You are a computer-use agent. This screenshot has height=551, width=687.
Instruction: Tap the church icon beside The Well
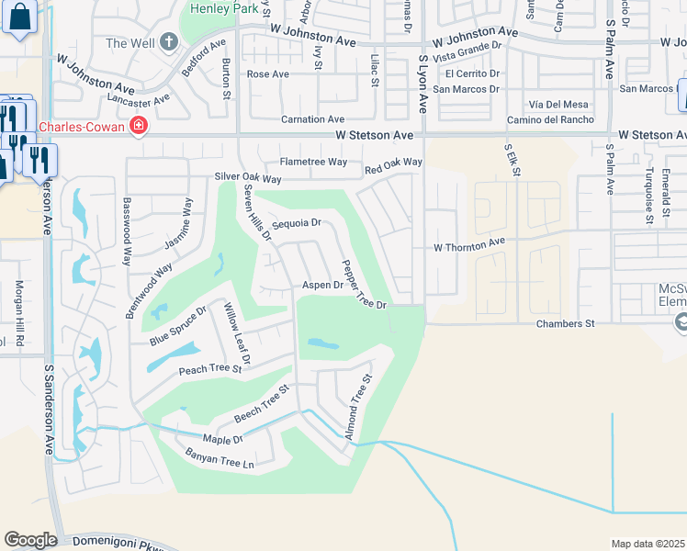tap(167, 42)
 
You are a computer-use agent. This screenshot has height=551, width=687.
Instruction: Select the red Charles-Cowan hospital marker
tap(138, 126)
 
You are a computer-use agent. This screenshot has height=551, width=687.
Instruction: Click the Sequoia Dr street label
tap(296, 223)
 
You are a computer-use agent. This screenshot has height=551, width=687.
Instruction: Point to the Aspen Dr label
tap(322, 286)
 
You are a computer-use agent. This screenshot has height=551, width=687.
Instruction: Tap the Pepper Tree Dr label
tap(363, 285)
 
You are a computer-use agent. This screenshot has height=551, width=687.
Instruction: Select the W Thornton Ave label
tap(469, 245)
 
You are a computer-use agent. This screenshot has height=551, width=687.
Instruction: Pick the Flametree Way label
tap(313, 162)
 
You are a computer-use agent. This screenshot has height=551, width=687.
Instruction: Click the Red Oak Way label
tap(393, 163)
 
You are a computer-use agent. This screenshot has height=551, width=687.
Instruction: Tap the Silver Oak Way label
tap(247, 177)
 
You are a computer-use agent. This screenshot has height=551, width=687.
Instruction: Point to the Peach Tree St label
tap(209, 369)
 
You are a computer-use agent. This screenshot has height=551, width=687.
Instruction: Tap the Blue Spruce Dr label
tap(177, 326)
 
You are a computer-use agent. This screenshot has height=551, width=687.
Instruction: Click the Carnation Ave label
tap(312, 119)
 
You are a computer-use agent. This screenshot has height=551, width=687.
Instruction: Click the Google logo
tap(30, 539)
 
